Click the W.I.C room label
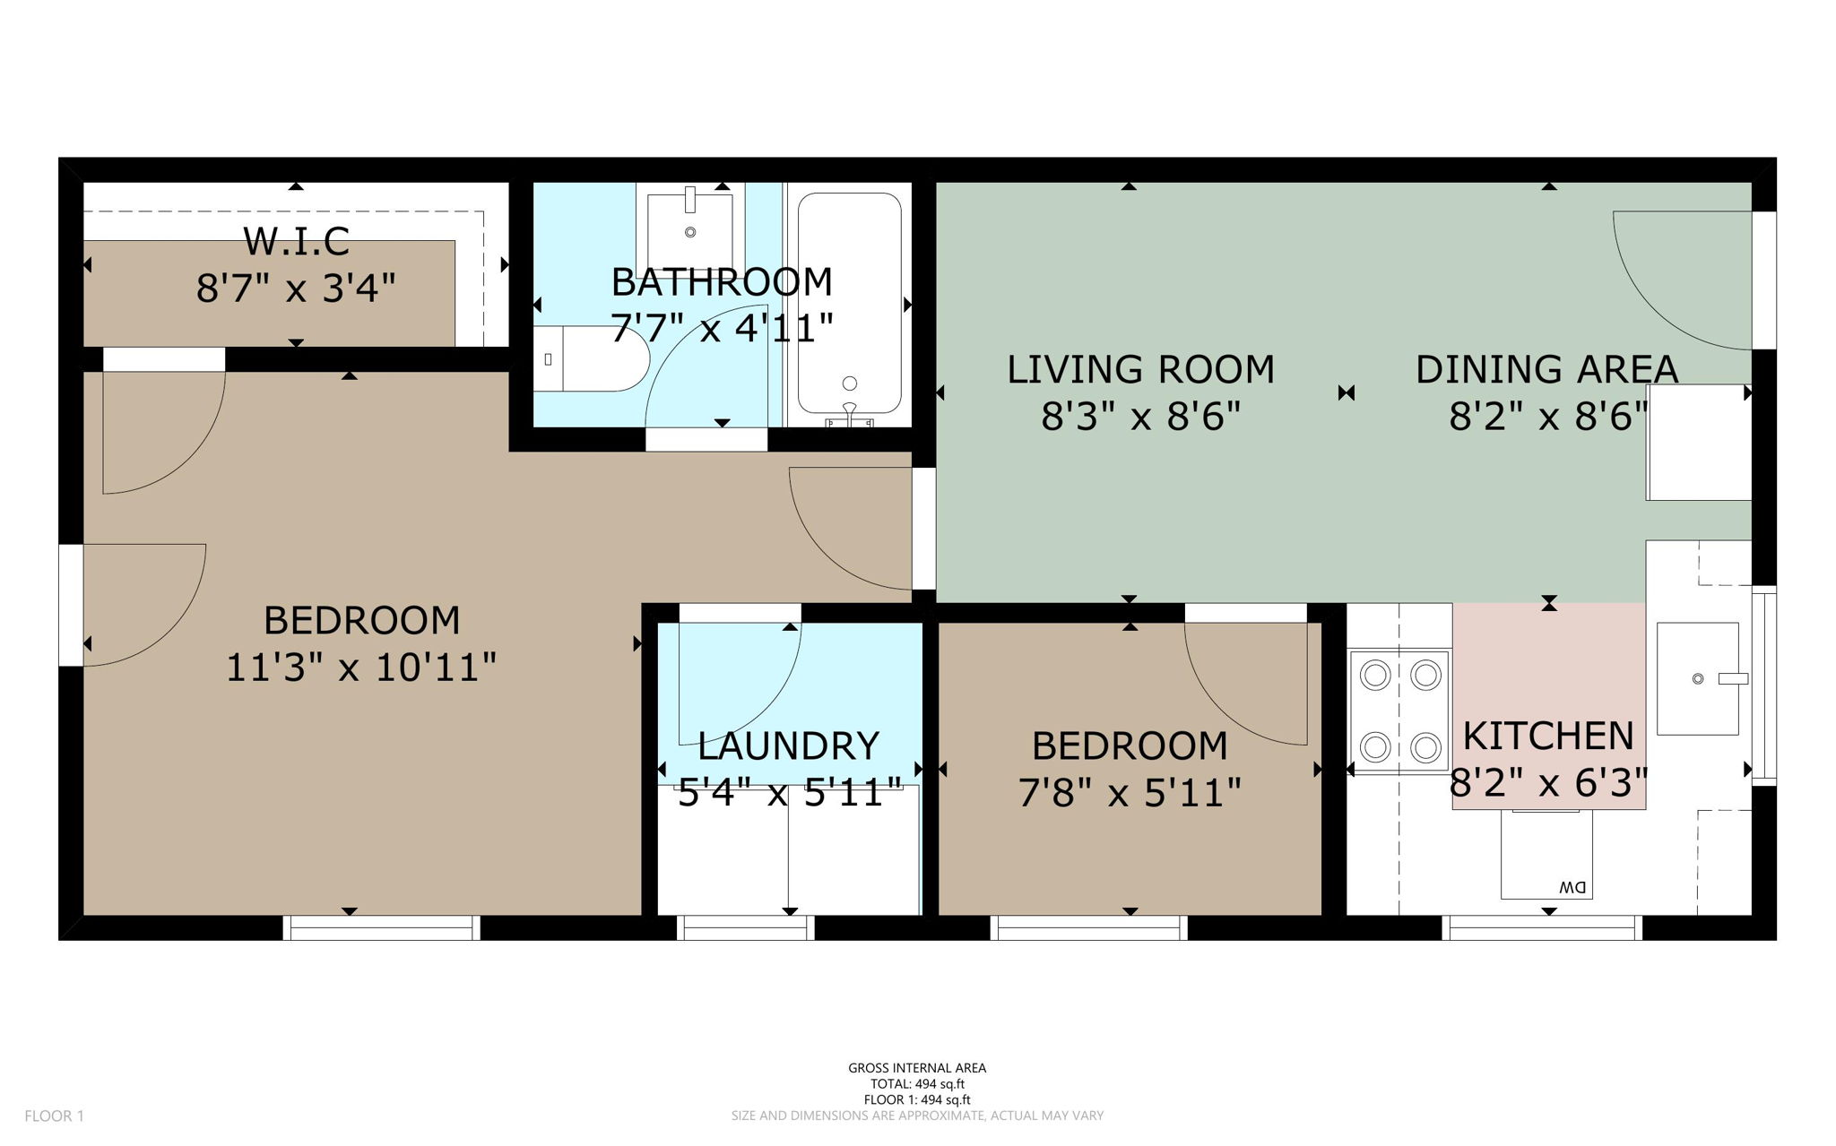tap(296, 241)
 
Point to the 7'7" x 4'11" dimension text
tap(722, 328)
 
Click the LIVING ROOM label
tap(1140, 369)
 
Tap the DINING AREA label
tap(1546, 369)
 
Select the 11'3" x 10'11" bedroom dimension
tap(360, 668)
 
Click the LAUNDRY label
tap(789, 745)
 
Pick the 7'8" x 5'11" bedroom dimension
tap(1130, 792)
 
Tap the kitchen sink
tap(1697, 679)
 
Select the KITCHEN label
tap(1548, 736)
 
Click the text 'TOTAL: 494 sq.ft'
tap(917, 1084)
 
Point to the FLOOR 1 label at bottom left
tap(54, 1116)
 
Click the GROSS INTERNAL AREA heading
tap(917, 1068)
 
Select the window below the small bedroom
tap(1089, 928)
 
